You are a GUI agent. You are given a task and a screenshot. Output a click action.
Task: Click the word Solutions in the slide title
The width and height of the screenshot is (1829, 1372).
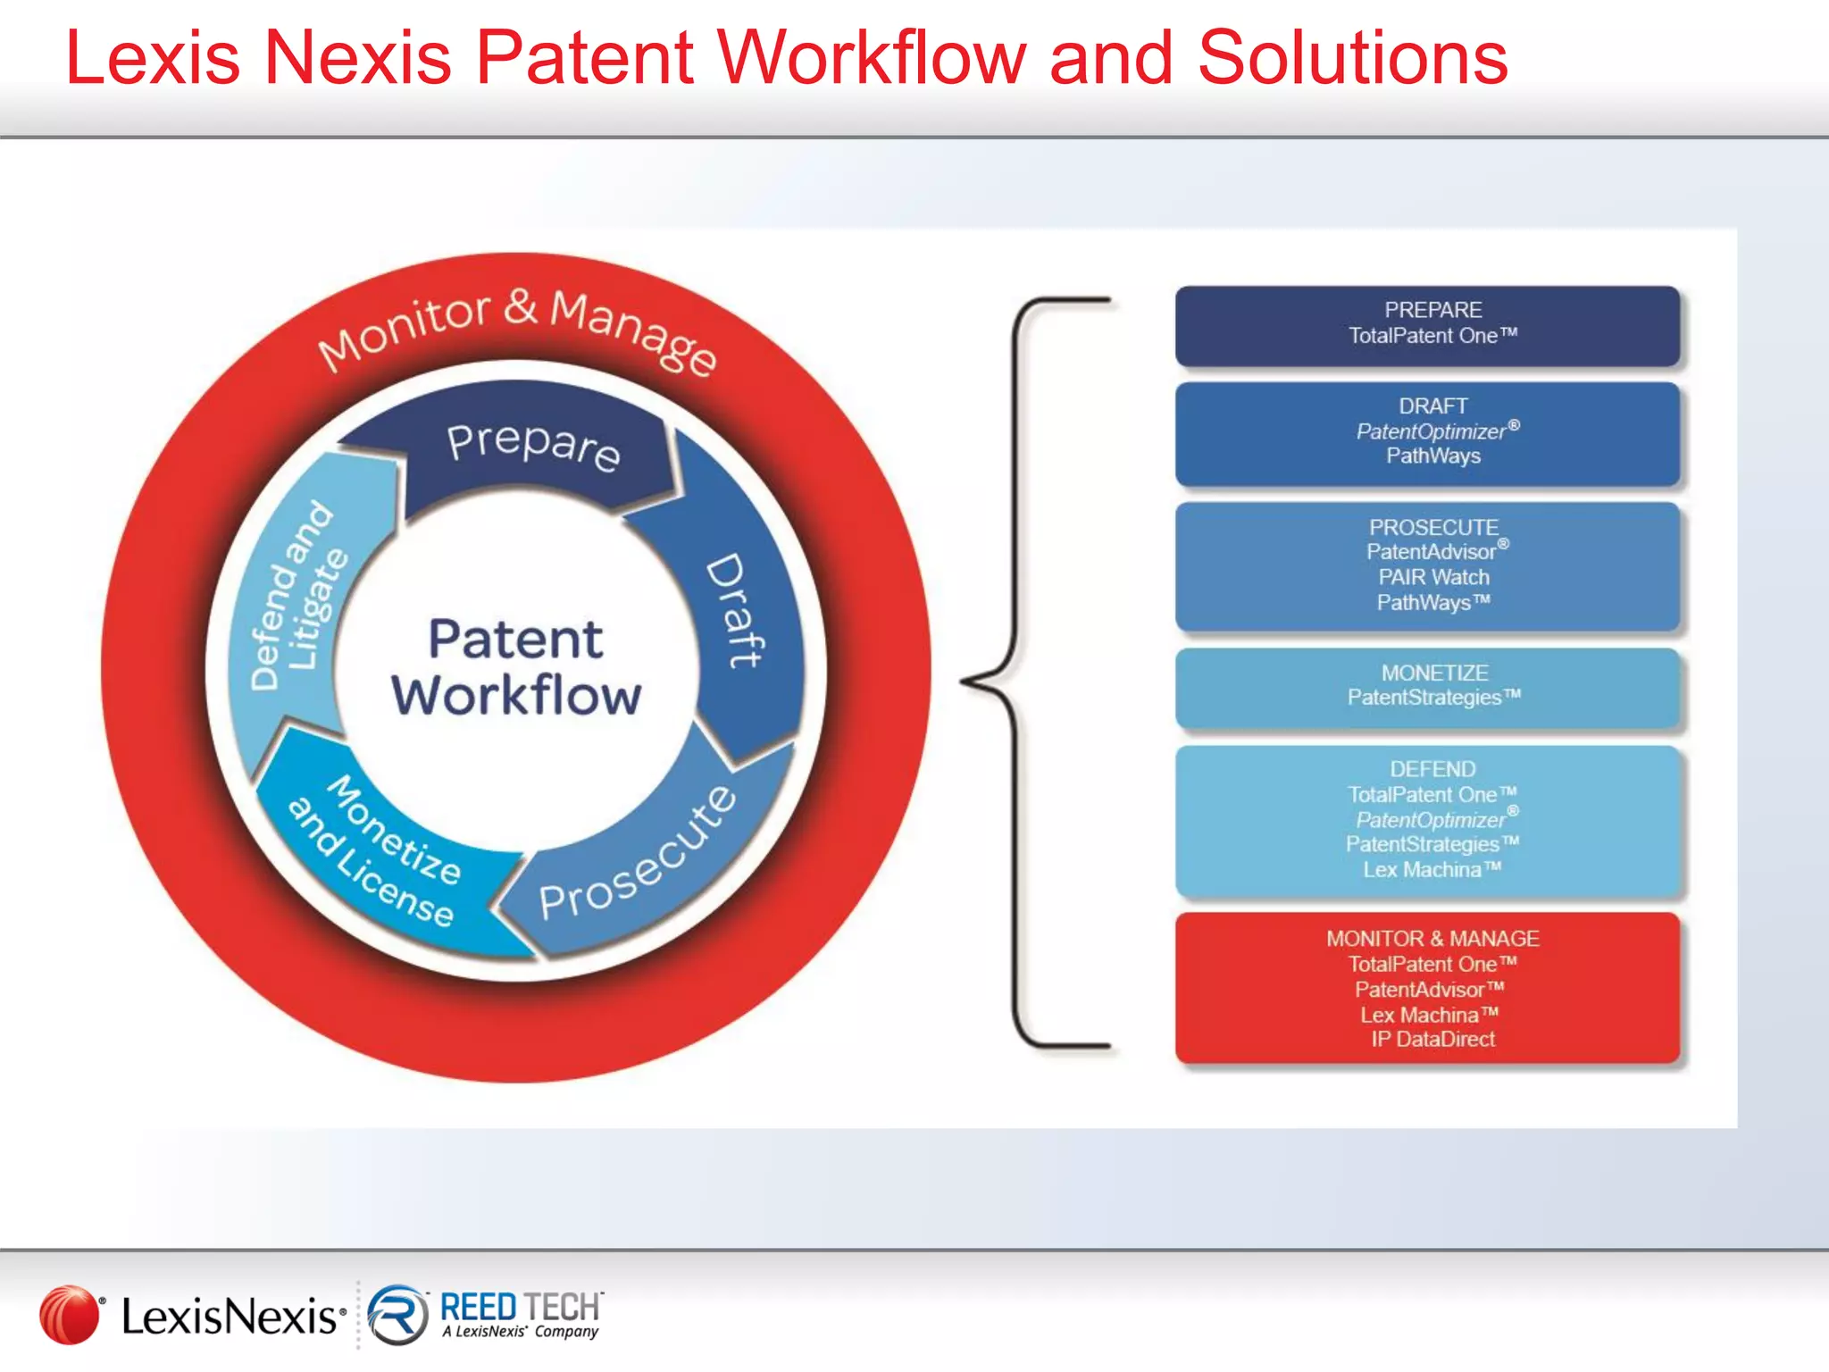1352,59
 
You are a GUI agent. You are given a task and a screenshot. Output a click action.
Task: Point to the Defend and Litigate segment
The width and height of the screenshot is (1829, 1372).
297,597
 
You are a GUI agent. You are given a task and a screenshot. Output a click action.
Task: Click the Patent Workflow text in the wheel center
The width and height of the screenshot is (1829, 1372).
516,667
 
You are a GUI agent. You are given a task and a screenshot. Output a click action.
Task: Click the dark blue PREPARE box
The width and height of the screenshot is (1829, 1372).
1427,325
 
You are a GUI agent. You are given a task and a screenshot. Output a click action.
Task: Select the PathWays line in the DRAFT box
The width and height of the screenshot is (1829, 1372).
1432,456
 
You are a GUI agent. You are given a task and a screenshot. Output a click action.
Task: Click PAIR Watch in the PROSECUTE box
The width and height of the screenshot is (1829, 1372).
1432,577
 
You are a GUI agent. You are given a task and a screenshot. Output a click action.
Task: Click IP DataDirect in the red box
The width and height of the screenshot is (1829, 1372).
1432,1039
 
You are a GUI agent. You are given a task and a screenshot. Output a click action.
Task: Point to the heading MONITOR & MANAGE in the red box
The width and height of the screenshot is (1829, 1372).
1432,939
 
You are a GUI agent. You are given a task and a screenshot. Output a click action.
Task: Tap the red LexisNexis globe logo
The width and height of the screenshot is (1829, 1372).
69,1314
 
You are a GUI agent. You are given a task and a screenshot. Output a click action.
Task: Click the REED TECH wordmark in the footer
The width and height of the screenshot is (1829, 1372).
521,1307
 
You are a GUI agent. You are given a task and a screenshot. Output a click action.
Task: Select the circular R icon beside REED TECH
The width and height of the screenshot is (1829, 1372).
397,1314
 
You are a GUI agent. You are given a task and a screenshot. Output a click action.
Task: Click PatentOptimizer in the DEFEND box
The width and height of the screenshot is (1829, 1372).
1431,820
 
